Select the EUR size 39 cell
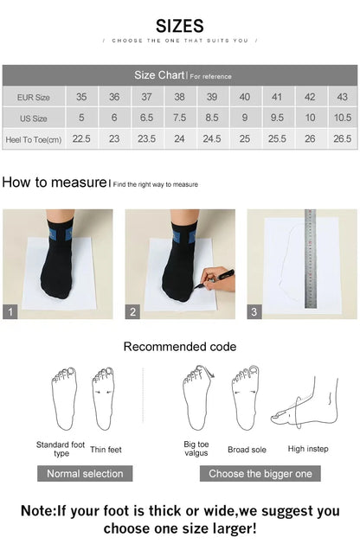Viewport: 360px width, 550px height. tap(212, 97)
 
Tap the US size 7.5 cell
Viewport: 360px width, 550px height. tap(179, 118)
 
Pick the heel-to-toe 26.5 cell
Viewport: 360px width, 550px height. tap(342, 138)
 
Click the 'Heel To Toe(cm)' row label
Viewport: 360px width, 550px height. tap(33, 138)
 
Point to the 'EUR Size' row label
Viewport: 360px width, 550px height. tap(33, 97)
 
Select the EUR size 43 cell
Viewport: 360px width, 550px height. tap(342, 97)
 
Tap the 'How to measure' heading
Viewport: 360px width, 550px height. tap(54, 182)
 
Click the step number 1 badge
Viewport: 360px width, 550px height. tap(10, 312)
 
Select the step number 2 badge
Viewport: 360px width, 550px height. tap(133, 312)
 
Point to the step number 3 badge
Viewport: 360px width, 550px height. tap(255, 312)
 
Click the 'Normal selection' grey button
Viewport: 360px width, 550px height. tap(85, 473)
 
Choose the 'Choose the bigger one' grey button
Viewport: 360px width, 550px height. tap(260, 473)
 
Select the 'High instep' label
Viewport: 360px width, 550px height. tap(307, 449)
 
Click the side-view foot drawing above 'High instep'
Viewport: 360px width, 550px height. tap(305, 406)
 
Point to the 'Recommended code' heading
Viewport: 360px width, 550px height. tap(179, 347)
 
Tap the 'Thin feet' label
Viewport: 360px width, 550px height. tap(106, 450)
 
